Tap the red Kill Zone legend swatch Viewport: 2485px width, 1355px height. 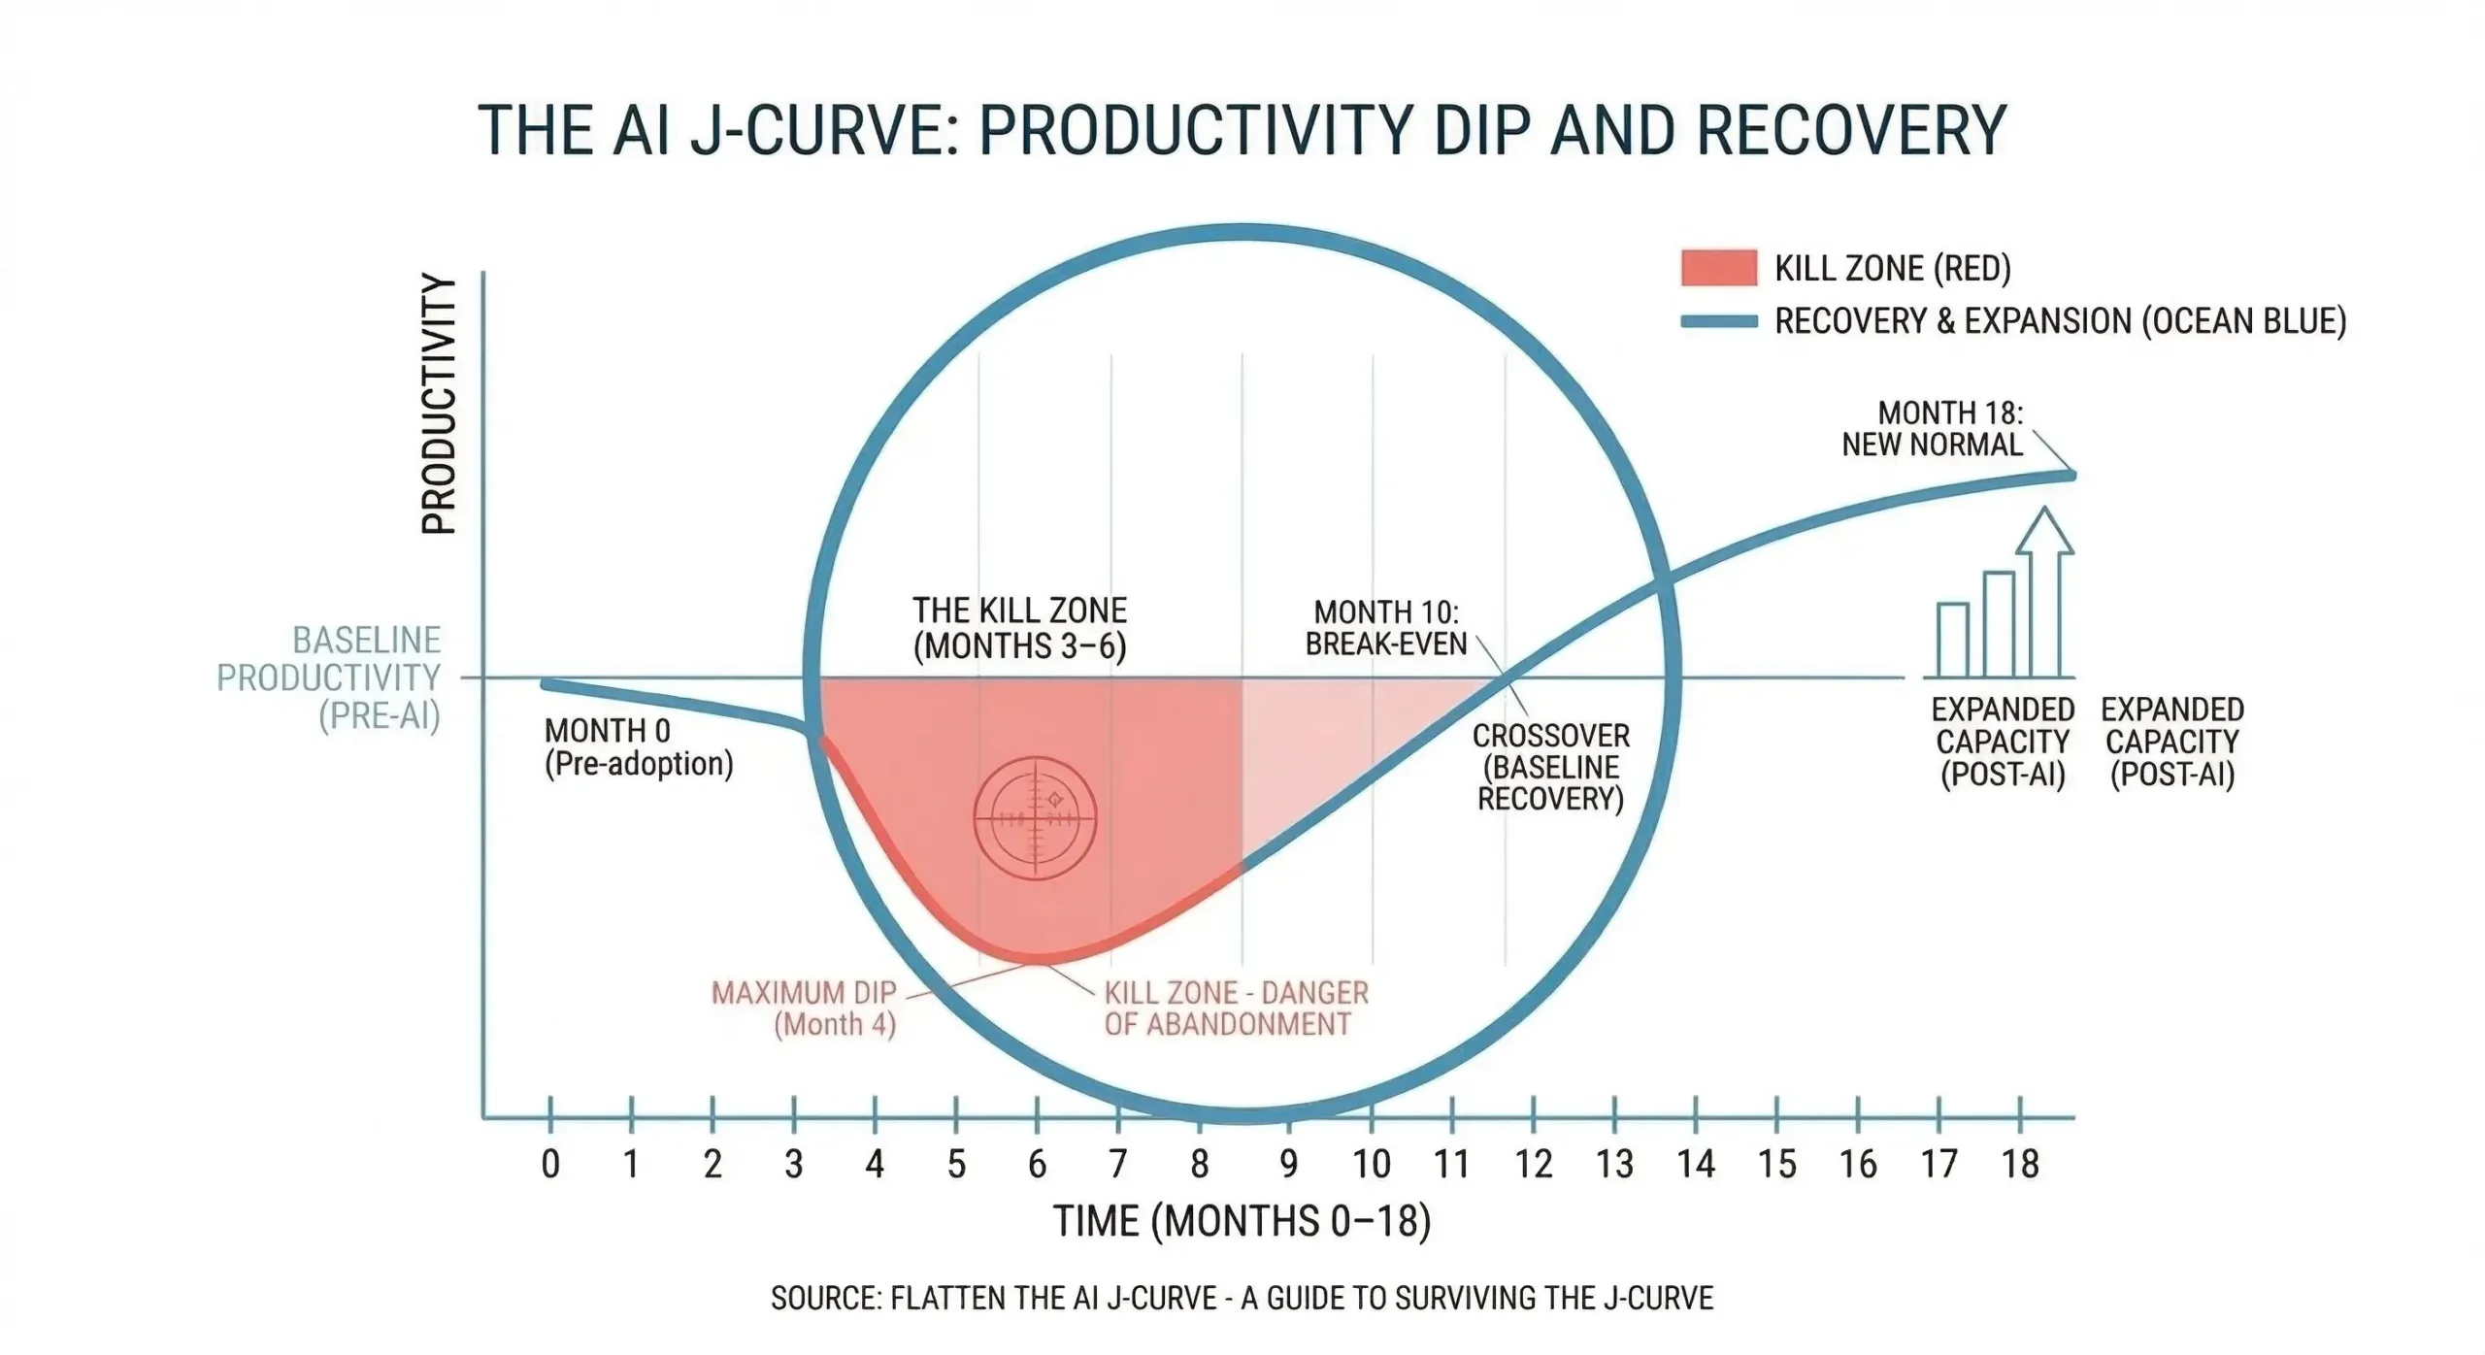point(1718,268)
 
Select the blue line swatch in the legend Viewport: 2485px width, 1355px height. point(1718,321)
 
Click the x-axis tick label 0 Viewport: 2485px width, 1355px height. point(550,1164)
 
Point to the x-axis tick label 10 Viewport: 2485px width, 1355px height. point(1372,1164)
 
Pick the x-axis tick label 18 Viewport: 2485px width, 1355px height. point(2020,1164)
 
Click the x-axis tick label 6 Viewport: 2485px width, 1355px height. point(1037,1164)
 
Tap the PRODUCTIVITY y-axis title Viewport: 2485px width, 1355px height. point(439,404)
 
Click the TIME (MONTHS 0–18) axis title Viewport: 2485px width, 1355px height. point(1242,1221)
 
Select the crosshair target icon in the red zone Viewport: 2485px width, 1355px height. point(1035,818)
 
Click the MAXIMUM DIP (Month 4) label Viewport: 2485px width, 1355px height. point(805,1008)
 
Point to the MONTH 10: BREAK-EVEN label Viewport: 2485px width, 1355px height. point(1385,628)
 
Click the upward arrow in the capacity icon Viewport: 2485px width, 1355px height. point(2044,592)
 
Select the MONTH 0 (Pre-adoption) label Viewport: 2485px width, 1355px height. point(638,746)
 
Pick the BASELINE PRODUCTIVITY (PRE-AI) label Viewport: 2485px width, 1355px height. point(329,677)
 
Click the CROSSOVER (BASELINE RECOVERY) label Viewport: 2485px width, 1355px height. point(1550,767)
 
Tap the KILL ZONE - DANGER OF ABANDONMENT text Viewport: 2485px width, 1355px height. point(1236,1008)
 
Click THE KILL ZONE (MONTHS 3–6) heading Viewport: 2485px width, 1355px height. point(1019,628)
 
